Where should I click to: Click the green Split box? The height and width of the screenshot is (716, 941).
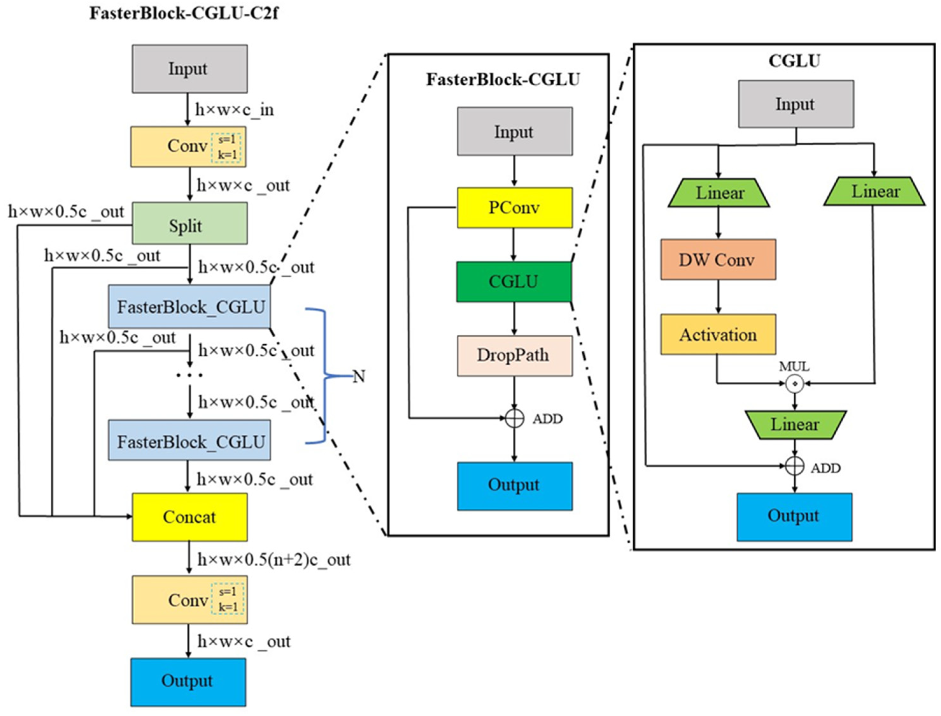(189, 223)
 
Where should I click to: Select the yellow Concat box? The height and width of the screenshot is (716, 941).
(189, 517)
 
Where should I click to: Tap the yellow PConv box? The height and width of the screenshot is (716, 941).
(514, 208)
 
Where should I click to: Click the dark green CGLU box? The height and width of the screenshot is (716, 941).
(514, 282)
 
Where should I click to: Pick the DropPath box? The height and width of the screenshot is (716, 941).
(514, 355)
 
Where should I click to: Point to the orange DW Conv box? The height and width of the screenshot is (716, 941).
(718, 260)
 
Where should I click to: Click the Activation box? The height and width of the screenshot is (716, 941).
(718, 334)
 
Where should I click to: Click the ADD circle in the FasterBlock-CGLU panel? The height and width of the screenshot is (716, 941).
(514, 419)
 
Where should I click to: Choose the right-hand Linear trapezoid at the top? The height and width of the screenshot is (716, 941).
(874, 192)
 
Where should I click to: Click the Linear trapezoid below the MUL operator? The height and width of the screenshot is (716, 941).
(795, 425)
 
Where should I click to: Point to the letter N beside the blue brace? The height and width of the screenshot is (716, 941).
(359, 377)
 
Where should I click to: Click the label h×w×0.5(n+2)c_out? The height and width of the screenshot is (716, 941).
(274, 560)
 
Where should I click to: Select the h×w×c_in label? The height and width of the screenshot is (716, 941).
(234, 110)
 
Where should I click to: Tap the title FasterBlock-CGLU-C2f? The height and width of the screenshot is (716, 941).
(184, 14)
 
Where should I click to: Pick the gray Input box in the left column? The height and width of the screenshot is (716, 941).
(189, 68)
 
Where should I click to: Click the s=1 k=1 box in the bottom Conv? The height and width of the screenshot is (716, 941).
(228, 599)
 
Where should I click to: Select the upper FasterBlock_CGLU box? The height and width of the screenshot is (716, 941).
(189, 307)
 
